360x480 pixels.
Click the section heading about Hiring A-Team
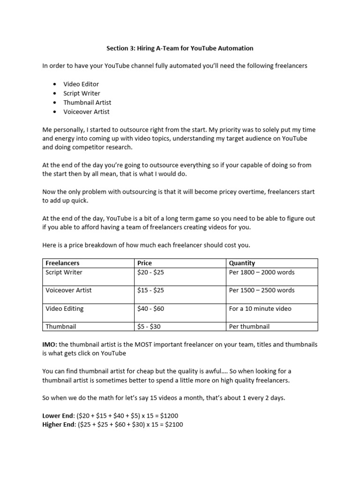coord(180,48)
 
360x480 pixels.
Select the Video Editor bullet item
coord(81,84)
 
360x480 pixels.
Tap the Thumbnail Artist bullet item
coord(87,102)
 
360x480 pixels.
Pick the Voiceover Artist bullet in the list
coord(86,112)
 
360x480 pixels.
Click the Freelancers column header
coord(62,263)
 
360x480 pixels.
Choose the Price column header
coord(144,263)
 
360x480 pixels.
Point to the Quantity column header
coord(242,263)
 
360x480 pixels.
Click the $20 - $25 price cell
coord(150,272)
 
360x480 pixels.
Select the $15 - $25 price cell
coord(150,290)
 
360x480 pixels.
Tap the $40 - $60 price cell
coord(150,308)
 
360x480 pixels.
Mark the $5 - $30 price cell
coord(149,326)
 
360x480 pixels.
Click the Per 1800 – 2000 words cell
coord(262,272)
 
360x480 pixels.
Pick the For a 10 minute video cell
coord(260,308)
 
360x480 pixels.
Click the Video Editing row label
coord(65,308)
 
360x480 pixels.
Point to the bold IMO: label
coord(50,345)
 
